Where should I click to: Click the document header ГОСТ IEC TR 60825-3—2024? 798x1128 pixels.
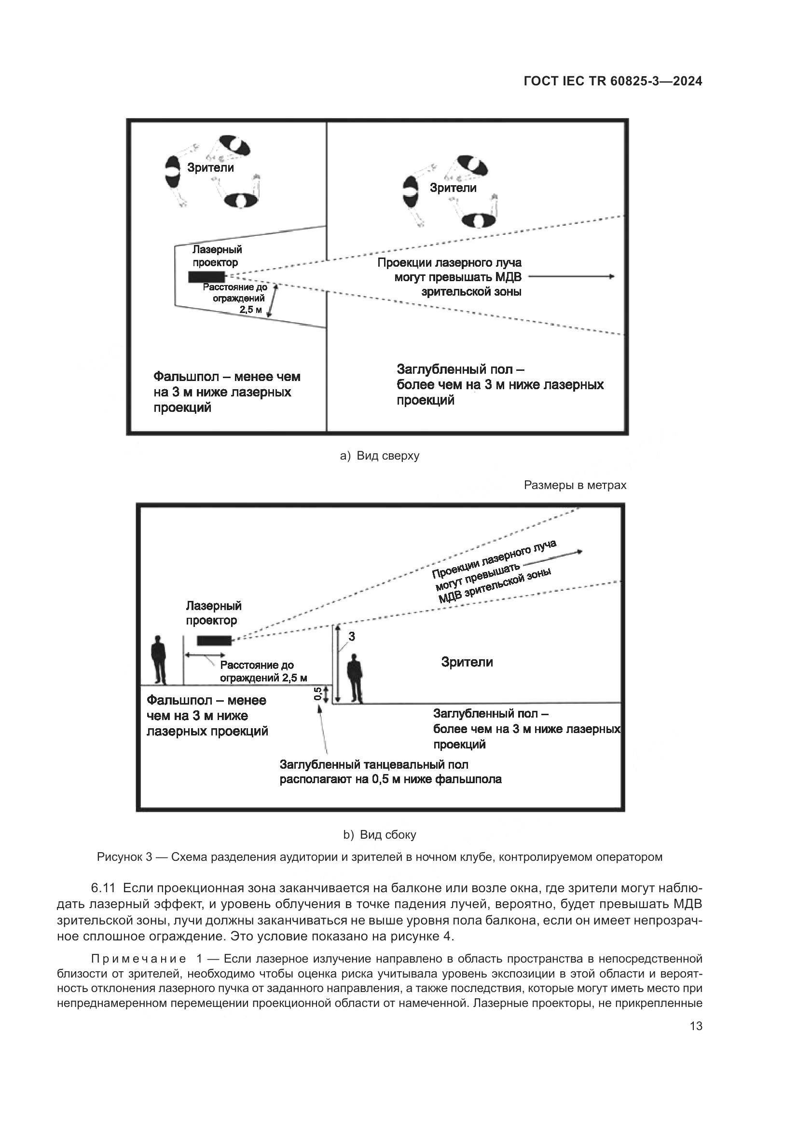613,82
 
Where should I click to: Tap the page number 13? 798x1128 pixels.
696,1026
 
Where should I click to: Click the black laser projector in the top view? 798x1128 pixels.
206,277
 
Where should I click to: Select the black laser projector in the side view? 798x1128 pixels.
214,640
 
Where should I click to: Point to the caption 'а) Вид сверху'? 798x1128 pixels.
379,456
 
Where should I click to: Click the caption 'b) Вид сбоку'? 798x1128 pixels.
379,835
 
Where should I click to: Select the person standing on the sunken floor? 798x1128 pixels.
355,678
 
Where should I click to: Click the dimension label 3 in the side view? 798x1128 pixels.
352,636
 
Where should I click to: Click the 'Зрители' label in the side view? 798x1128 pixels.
467,662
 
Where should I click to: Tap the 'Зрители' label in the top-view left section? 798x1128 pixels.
210,168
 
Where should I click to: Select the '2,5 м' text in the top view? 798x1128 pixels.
250,310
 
